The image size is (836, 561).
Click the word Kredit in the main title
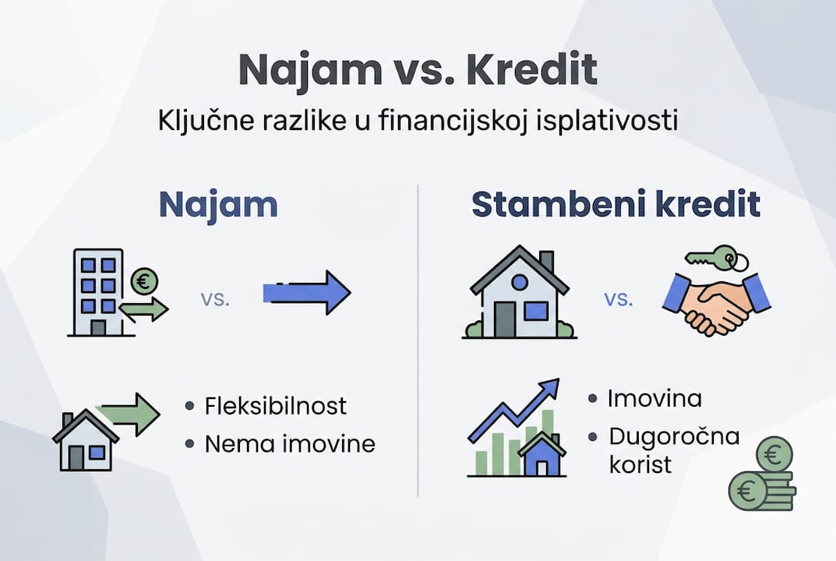point(532,70)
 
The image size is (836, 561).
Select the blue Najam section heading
point(218,204)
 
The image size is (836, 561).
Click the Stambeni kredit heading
point(616,204)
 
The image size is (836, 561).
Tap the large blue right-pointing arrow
point(308,292)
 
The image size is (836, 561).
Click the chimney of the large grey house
point(547,261)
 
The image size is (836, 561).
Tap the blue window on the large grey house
point(535,312)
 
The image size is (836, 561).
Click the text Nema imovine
point(290,444)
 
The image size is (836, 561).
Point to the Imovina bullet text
point(655,399)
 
